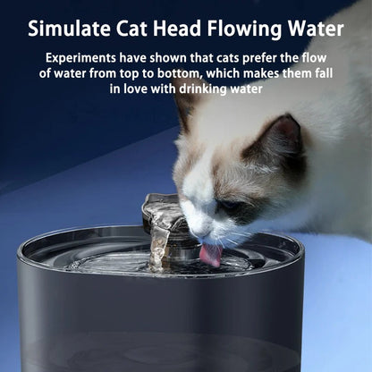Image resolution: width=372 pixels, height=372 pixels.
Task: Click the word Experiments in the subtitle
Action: tap(83, 58)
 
